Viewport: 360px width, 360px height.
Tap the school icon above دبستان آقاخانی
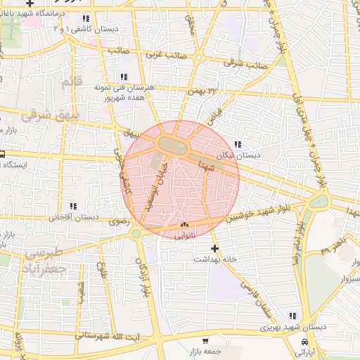pyautogui.click(x=72, y=206)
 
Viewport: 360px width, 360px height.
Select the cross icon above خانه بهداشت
pyautogui.click(x=215, y=248)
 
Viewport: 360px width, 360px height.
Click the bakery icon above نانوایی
pyautogui.click(x=185, y=225)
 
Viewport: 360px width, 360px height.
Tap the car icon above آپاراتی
pyautogui.click(x=304, y=342)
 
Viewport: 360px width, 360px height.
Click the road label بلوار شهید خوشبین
pyautogui.click(x=264, y=212)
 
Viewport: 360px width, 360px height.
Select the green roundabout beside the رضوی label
pyautogui.click(x=136, y=233)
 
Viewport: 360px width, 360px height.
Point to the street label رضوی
pyautogui.click(x=117, y=220)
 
